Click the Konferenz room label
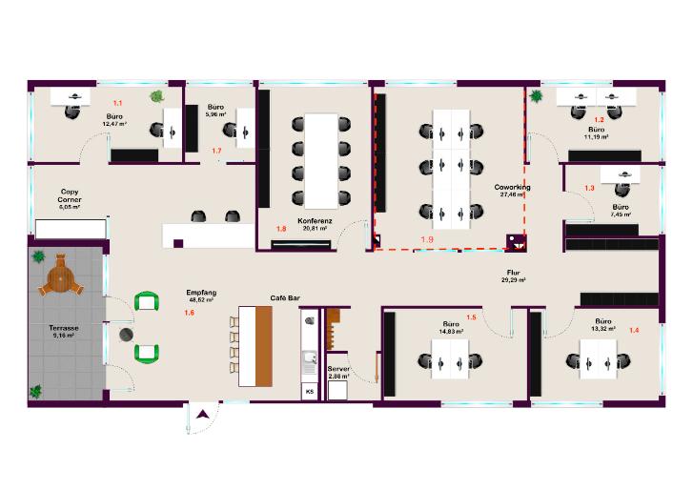[314, 220]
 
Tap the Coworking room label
[512, 187]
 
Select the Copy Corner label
[70, 194]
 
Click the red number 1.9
[426, 239]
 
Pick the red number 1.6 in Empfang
[189, 313]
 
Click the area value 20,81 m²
[315, 229]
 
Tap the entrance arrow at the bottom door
[203, 414]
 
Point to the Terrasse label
[64, 328]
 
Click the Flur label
[512, 273]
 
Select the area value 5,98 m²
[215, 114]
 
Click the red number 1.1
[118, 102]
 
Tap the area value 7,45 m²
[621, 215]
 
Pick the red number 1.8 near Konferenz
[281, 229]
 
